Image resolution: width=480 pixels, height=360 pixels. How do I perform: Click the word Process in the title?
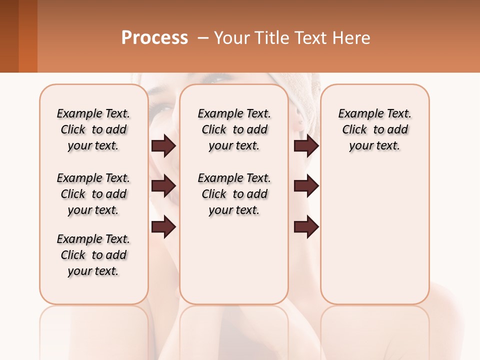coord(154,37)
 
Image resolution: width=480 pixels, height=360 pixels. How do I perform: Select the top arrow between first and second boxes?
coord(163,145)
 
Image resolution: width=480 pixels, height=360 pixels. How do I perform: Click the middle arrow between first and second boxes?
coord(163,186)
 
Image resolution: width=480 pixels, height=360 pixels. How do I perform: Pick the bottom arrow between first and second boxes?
coord(163,227)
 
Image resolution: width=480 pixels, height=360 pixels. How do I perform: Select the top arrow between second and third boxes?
coord(306,145)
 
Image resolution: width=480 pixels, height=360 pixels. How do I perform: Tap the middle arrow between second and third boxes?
coord(306,186)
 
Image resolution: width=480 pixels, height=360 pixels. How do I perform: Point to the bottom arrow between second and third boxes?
coord(306,227)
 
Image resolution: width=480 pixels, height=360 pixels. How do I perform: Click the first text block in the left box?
coord(93,129)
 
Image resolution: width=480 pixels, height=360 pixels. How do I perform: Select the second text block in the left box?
coord(93,194)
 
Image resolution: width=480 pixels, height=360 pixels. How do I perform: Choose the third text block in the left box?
coord(93,255)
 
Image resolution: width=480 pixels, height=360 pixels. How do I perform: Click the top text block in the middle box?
coord(234,129)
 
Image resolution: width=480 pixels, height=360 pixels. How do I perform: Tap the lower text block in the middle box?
coord(234,194)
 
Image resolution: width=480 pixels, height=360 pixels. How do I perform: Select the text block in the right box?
coord(374,129)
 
